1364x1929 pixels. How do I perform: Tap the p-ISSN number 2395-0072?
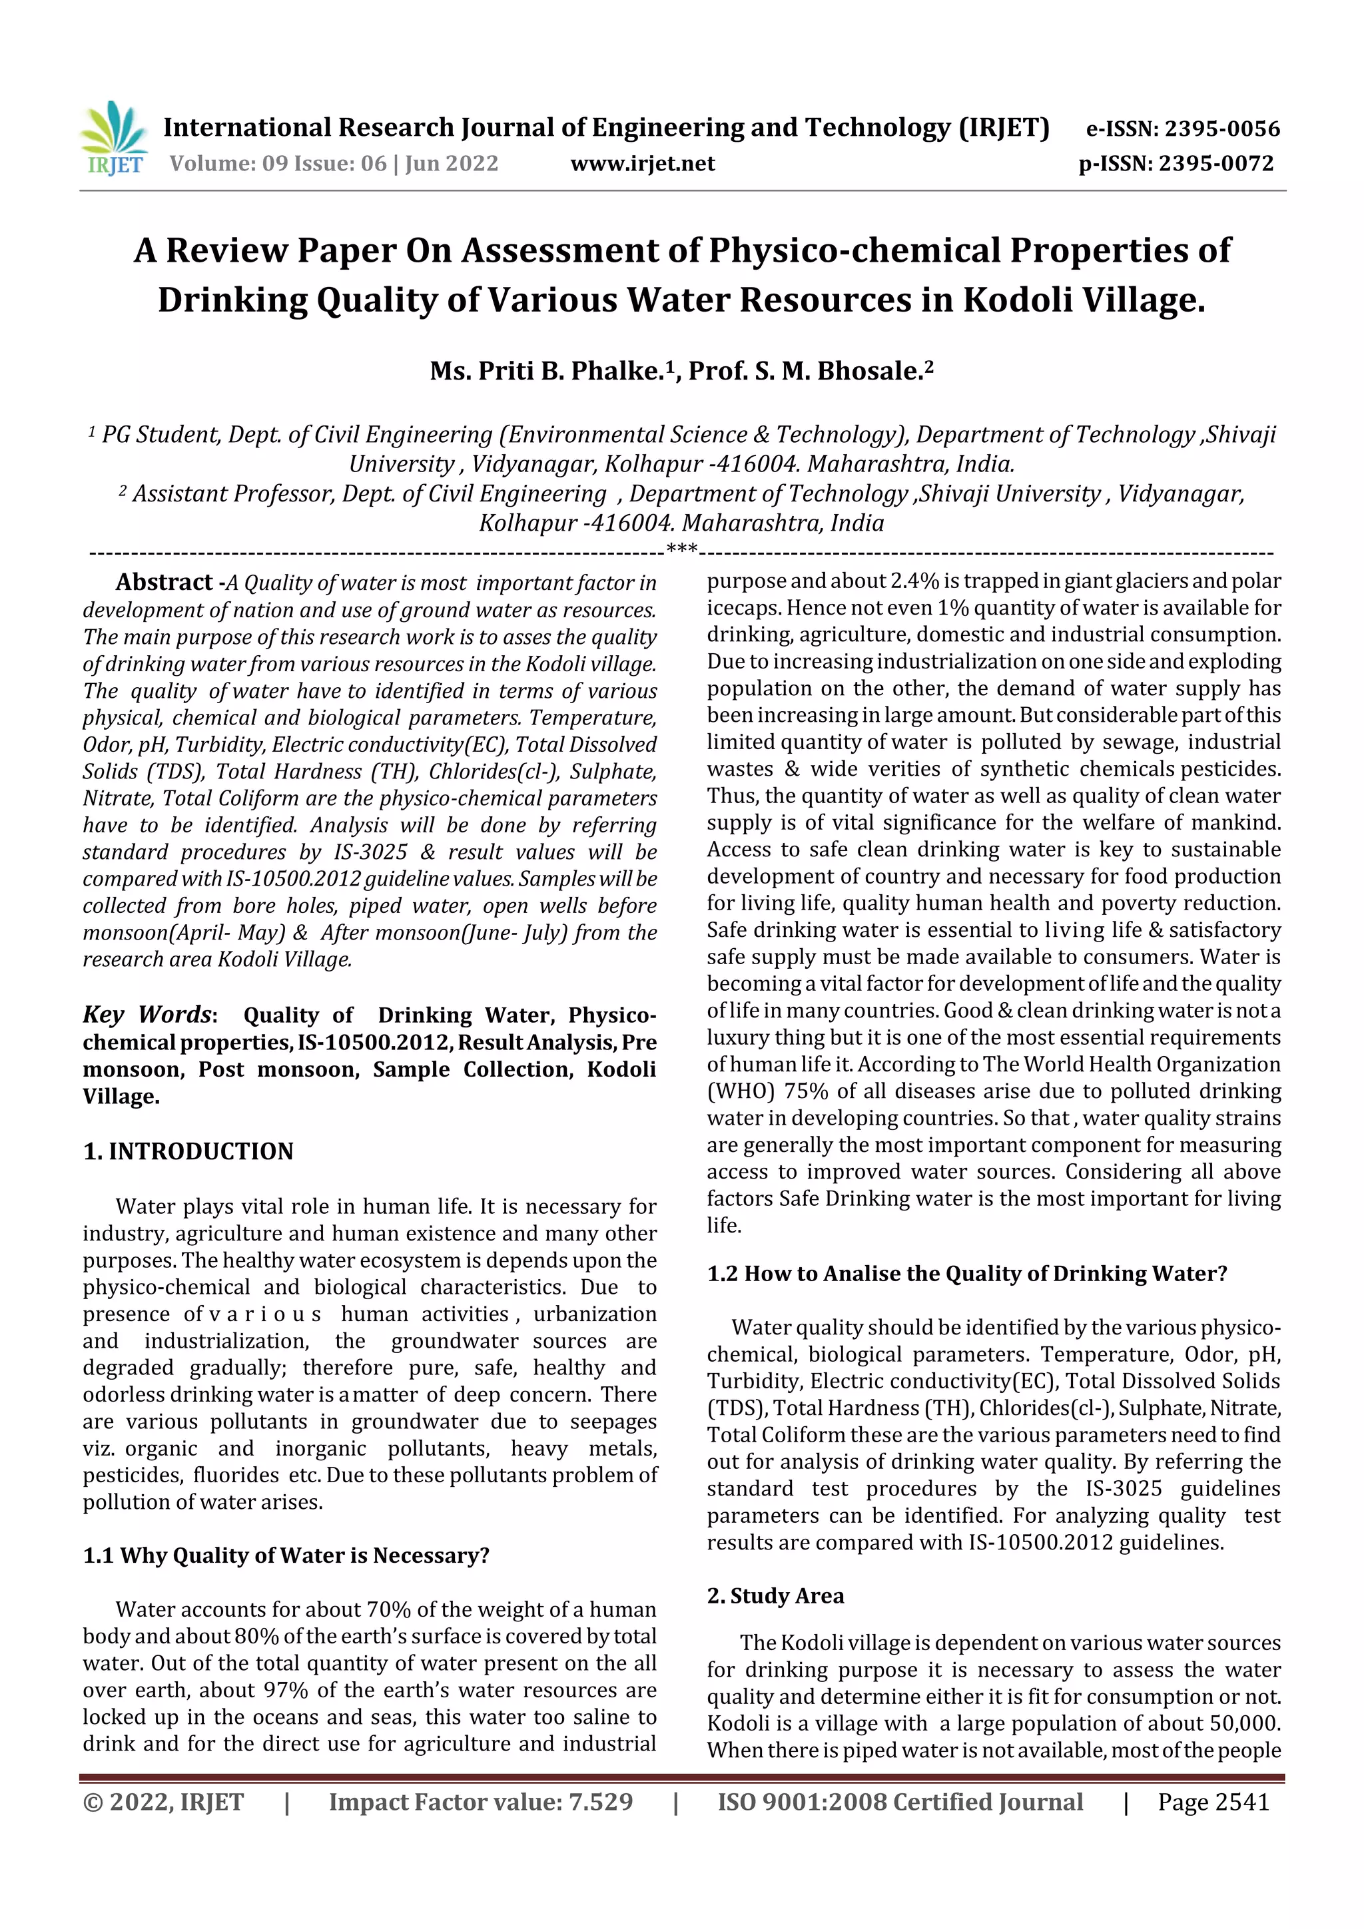click(1216, 164)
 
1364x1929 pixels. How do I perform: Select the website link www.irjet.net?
click(642, 164)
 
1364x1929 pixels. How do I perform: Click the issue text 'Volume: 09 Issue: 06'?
click(277, 164)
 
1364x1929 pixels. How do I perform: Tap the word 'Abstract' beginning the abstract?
click(164, 582)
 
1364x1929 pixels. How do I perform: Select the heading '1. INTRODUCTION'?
click(188, 1151)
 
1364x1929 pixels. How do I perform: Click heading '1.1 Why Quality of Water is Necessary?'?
click(286, 1555)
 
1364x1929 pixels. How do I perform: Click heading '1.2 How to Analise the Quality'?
click(966, 1274)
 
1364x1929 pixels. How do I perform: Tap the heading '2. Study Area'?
click(775, 1595)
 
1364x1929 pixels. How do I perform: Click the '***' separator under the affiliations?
click(681, 550)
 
